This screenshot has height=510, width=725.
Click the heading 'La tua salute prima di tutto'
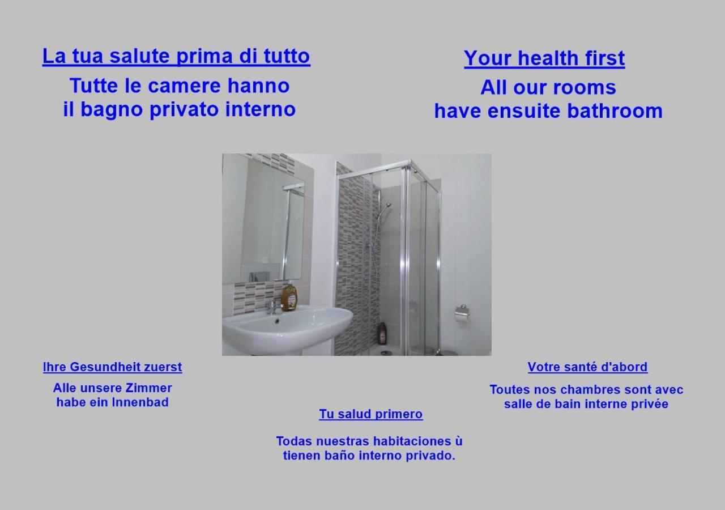pos(176,56)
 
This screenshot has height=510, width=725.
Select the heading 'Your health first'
pos(544,58)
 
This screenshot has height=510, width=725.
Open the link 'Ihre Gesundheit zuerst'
pos(112,367)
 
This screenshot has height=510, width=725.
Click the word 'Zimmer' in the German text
pos(150,388)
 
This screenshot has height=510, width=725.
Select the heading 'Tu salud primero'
pos(370,414)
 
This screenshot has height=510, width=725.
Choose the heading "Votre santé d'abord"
pos(587,367)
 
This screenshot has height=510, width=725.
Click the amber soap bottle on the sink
pos(289,298)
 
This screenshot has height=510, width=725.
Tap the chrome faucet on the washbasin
pos(274,307)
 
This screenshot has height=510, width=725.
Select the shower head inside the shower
pos(386,205)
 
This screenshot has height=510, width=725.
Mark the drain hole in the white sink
pos(277,321)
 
